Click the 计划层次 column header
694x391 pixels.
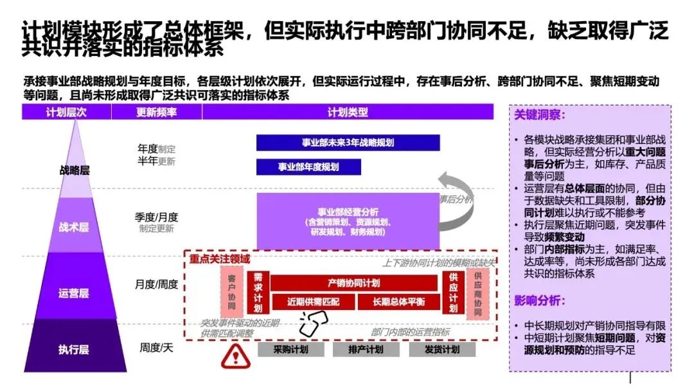tap(66, 113)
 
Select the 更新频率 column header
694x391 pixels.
tap(156, 113)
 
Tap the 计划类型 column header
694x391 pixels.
tap(348, 113)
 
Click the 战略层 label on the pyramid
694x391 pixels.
tap(75, 170)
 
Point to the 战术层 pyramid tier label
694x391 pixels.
tap(74, 227)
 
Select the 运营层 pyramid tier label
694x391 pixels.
tap(74, 293)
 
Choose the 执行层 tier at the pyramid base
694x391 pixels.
tap(74, 350)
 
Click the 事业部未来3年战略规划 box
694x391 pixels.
tap(348, 143)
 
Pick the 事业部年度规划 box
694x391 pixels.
tap(308, 167)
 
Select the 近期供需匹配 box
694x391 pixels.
tap(313, 302)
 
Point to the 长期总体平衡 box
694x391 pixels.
tap(398, 302)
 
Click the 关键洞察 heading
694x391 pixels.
tap(538, 116)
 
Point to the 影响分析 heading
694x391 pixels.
tap(538, 300)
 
